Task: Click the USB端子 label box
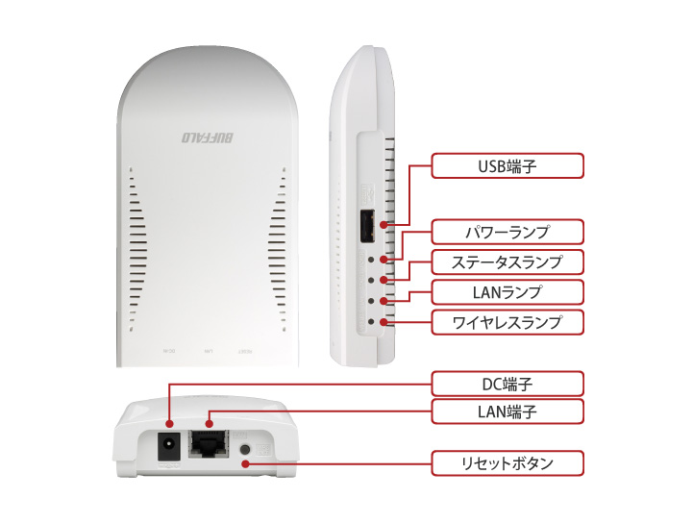pos(507,166)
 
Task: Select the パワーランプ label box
pos(507,232)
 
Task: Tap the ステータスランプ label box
pos(507,261)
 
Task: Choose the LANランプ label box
pos(507,290)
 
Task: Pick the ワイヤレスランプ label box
pos(507,321)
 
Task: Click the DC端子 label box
pos(507,384)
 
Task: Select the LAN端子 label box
pos(507,412)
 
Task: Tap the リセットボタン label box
pos(507,463)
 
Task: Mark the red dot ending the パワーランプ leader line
pos(384,260)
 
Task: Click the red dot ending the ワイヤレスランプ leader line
pos(384,321)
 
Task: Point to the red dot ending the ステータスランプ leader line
pos(384,280)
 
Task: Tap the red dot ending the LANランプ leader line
pos(384,301)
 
